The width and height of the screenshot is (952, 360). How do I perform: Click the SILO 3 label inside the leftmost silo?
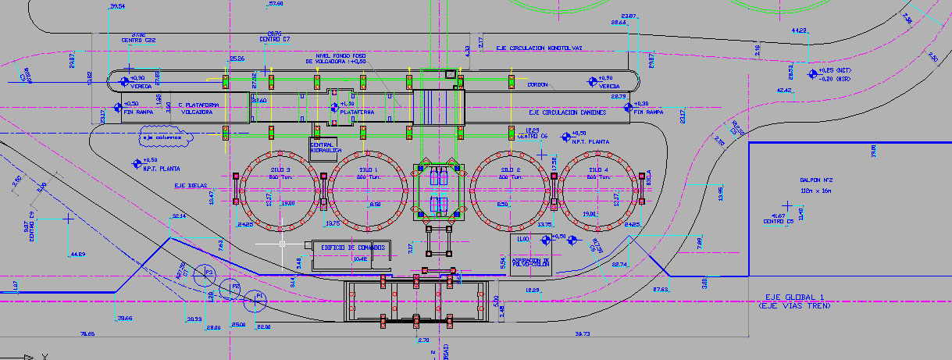(x=282, y=169)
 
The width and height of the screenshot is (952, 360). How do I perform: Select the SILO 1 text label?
(x=368, y=169)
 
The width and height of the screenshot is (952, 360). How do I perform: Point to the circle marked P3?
(x=205, y=272)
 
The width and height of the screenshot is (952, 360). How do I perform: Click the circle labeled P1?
(x=255, y=296)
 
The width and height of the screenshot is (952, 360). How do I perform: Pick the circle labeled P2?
(x=231, y=287)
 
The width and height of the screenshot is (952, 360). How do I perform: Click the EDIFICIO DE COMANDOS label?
(x=353, y=248)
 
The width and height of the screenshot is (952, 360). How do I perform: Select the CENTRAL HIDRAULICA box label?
(x=323, y=148)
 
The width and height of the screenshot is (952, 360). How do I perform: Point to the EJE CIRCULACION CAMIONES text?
(x=567, y=112)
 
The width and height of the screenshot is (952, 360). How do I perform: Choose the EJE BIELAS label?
(x=191, y=186)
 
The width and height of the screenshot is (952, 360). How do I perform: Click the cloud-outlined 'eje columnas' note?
(x=165, y=137)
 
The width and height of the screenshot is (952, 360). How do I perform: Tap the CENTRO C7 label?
(x=275, y=39)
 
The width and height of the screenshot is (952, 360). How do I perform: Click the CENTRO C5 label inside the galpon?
(x=778, y=221)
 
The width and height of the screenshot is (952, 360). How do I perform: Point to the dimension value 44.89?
(x=77, y=255)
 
